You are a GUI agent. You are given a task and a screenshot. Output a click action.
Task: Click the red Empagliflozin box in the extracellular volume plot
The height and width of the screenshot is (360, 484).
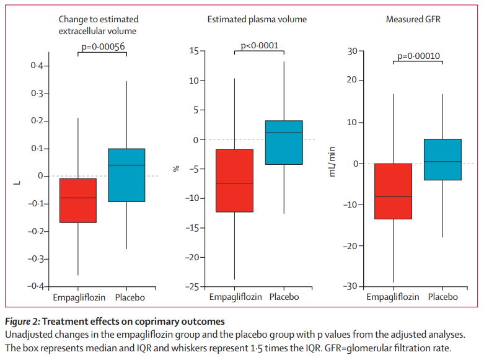coord(77,200)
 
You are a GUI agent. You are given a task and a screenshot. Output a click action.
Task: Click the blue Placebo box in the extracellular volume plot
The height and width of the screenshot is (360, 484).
coord(126,175)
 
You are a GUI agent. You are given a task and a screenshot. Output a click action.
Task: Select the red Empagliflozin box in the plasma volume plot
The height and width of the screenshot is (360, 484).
coord(234,180)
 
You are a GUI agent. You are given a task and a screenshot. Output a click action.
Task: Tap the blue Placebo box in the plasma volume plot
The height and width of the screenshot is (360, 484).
coord(284,143)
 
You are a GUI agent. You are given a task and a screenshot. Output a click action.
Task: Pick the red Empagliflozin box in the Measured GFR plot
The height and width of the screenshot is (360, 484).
coord(393,191)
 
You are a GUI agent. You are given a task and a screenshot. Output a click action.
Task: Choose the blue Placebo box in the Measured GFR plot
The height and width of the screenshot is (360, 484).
coord(442,159)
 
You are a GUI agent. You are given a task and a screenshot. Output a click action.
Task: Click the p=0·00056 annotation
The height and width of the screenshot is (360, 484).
coord(102,45)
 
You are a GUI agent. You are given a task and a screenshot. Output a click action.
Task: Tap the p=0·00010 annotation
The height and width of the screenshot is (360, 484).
coord(418,56)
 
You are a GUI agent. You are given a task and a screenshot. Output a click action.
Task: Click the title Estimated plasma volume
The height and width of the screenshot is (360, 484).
coord(257,20)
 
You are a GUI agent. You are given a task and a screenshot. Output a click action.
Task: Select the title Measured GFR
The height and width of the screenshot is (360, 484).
coord(413,20)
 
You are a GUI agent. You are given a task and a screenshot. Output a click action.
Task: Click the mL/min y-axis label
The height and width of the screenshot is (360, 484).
coord(333,167)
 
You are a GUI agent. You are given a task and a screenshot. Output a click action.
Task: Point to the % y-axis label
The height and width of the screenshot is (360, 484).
coord(175,168)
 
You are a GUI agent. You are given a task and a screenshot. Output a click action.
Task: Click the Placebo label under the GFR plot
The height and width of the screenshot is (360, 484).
coord(442,297)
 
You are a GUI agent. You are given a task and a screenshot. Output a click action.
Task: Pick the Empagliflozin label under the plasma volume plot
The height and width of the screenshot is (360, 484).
coord(234,297)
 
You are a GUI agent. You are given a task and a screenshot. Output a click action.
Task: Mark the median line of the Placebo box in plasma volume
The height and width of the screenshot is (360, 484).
coord(284,133)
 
